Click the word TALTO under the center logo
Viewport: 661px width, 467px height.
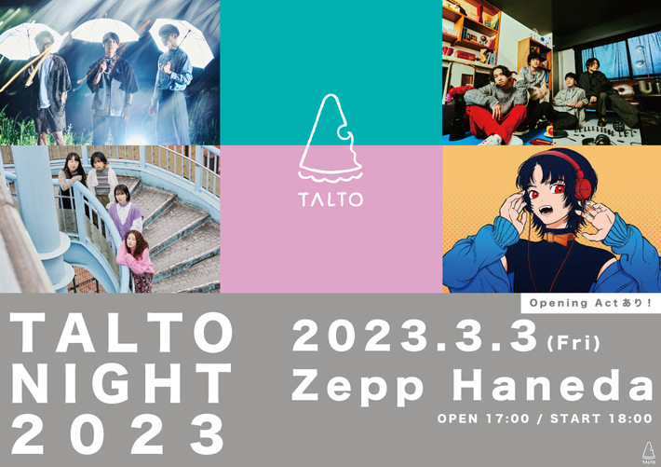tap(330, 198)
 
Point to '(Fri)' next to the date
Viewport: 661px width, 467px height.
tap(573, 342)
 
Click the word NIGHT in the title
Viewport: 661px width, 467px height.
tap(120, 383)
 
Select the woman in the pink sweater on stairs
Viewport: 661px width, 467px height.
tap(138, 261)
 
